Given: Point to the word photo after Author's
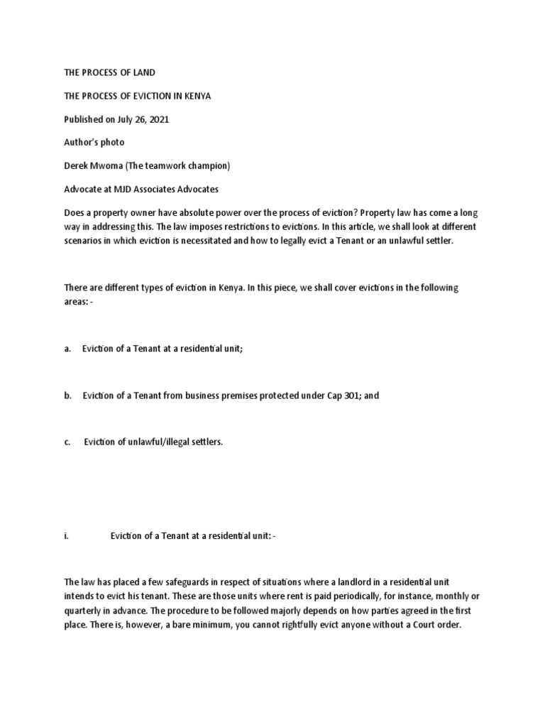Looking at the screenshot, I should (x=112, y=143).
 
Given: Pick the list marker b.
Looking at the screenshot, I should (x=67, y=396).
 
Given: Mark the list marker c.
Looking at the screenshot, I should (x=67, y=442).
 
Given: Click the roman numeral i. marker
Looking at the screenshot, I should (x=66, y=536).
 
